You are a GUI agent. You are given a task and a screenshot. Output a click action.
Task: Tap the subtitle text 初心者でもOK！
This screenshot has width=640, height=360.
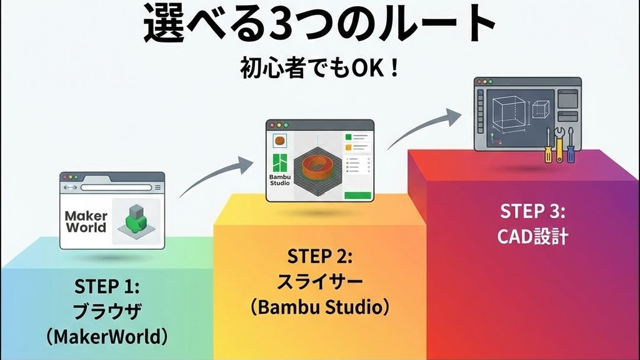click(319, 67)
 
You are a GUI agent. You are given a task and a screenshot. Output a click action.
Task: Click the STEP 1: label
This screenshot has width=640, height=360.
click(106, 286)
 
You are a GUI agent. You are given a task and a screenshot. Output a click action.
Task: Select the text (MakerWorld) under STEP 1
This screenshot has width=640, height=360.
click(106, 337)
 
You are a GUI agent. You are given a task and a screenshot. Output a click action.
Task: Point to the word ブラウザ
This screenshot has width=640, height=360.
click(107, 311)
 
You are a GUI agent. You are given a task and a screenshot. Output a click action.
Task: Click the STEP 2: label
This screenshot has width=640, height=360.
click(319, 256)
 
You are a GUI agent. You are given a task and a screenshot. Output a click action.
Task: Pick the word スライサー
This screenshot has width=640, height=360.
click(319, 282)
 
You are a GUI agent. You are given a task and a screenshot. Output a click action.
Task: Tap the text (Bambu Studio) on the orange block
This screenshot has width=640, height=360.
click(319, 307)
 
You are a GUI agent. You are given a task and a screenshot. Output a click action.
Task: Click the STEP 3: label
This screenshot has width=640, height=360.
click(532, 211)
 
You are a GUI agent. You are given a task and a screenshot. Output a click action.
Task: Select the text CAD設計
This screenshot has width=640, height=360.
click(532, 236)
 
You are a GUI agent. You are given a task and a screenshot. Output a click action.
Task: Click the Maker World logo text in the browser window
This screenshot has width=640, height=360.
click(86, 222)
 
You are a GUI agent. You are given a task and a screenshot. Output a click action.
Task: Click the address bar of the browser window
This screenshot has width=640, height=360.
click(116, 187)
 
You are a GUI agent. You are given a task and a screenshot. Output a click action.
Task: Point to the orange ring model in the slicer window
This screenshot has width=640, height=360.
click(317, 166)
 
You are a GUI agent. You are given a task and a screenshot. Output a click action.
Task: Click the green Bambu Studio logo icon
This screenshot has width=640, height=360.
click(279, 163)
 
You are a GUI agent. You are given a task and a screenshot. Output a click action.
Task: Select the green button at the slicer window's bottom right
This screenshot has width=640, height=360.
click(358, 196)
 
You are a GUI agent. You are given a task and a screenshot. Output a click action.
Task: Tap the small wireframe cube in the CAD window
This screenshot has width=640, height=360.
click(541, 109)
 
